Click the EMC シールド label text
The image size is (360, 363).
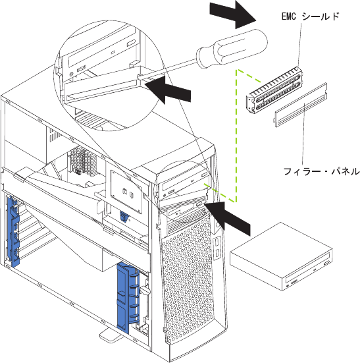point(310,16)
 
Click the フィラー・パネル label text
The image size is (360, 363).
point(321,171)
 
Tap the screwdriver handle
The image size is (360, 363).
point(232,49)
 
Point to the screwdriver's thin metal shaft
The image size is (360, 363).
point(167,69)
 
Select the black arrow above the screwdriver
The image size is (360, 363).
point(233,14)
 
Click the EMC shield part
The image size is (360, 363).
point(274,90)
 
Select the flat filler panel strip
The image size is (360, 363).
point(301,105)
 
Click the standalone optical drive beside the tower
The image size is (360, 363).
point(281,256)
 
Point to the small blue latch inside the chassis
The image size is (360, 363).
point(124,217)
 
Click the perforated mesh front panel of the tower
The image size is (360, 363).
point(188,278)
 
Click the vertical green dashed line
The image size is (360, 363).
point(236,136)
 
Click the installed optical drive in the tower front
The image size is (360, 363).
point(184,184)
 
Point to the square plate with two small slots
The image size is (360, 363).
point(126,192)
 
